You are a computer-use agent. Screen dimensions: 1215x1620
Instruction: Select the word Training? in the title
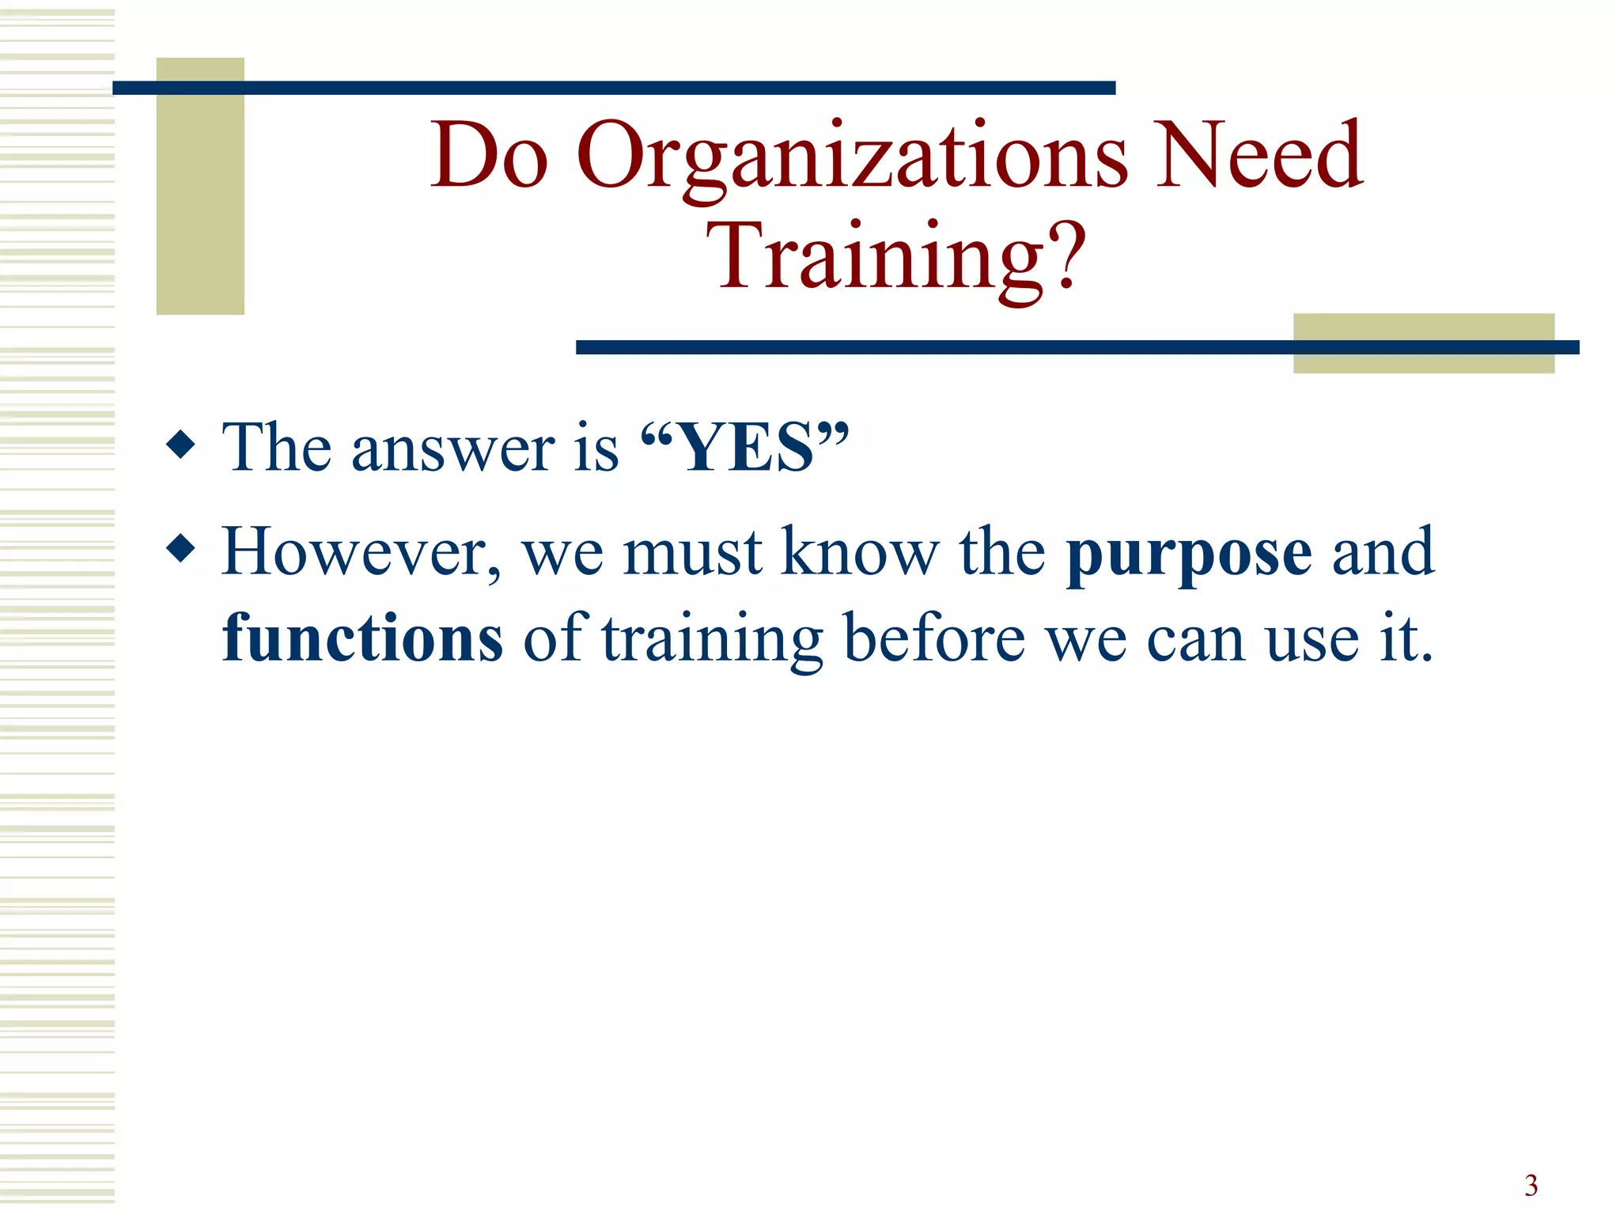coord(896,257)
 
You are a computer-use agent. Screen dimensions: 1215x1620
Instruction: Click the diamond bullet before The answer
coord(181,444)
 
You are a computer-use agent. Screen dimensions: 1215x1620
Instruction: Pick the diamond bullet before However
coord(181,547)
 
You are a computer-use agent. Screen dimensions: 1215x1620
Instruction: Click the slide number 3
coord(1531,1185)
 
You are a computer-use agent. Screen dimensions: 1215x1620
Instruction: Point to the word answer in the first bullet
coord(453,449)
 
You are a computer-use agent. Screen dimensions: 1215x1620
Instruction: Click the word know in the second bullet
coord(860,551)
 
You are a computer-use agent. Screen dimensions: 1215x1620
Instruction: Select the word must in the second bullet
coord(693,553)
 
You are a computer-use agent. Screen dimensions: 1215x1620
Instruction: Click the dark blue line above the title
coord(614,88)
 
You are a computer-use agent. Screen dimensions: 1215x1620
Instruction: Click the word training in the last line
coord(713,639)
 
